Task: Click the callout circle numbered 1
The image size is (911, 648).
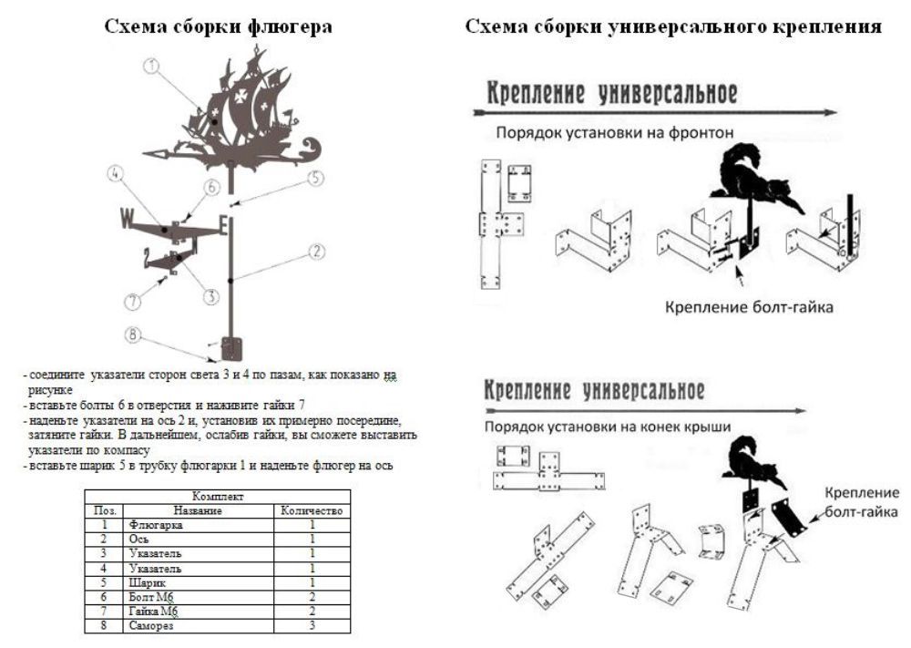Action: [x=152, y=66]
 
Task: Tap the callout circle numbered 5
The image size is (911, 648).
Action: [x=314, y=178]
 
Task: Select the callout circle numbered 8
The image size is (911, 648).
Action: [x=134, y=335]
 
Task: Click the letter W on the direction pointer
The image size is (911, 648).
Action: [x=127, y=219]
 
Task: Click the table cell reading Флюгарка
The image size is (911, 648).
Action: [x=156, y=525]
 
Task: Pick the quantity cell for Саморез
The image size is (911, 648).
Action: [x=312, y=626]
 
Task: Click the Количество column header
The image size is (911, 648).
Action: [x=312, y=511]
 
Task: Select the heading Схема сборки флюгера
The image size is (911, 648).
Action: [x=219, y=27]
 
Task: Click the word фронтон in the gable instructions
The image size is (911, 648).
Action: [x=702, y=133]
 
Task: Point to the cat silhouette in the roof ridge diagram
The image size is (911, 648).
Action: [x=757, y=458]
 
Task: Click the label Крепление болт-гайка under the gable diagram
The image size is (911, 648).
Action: [x=749, y=307]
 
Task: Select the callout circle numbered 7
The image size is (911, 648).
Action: [x=133, y=300]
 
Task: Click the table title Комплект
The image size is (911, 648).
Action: [x=217, y=498]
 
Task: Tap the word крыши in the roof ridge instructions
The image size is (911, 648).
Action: [x=711, y=426]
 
